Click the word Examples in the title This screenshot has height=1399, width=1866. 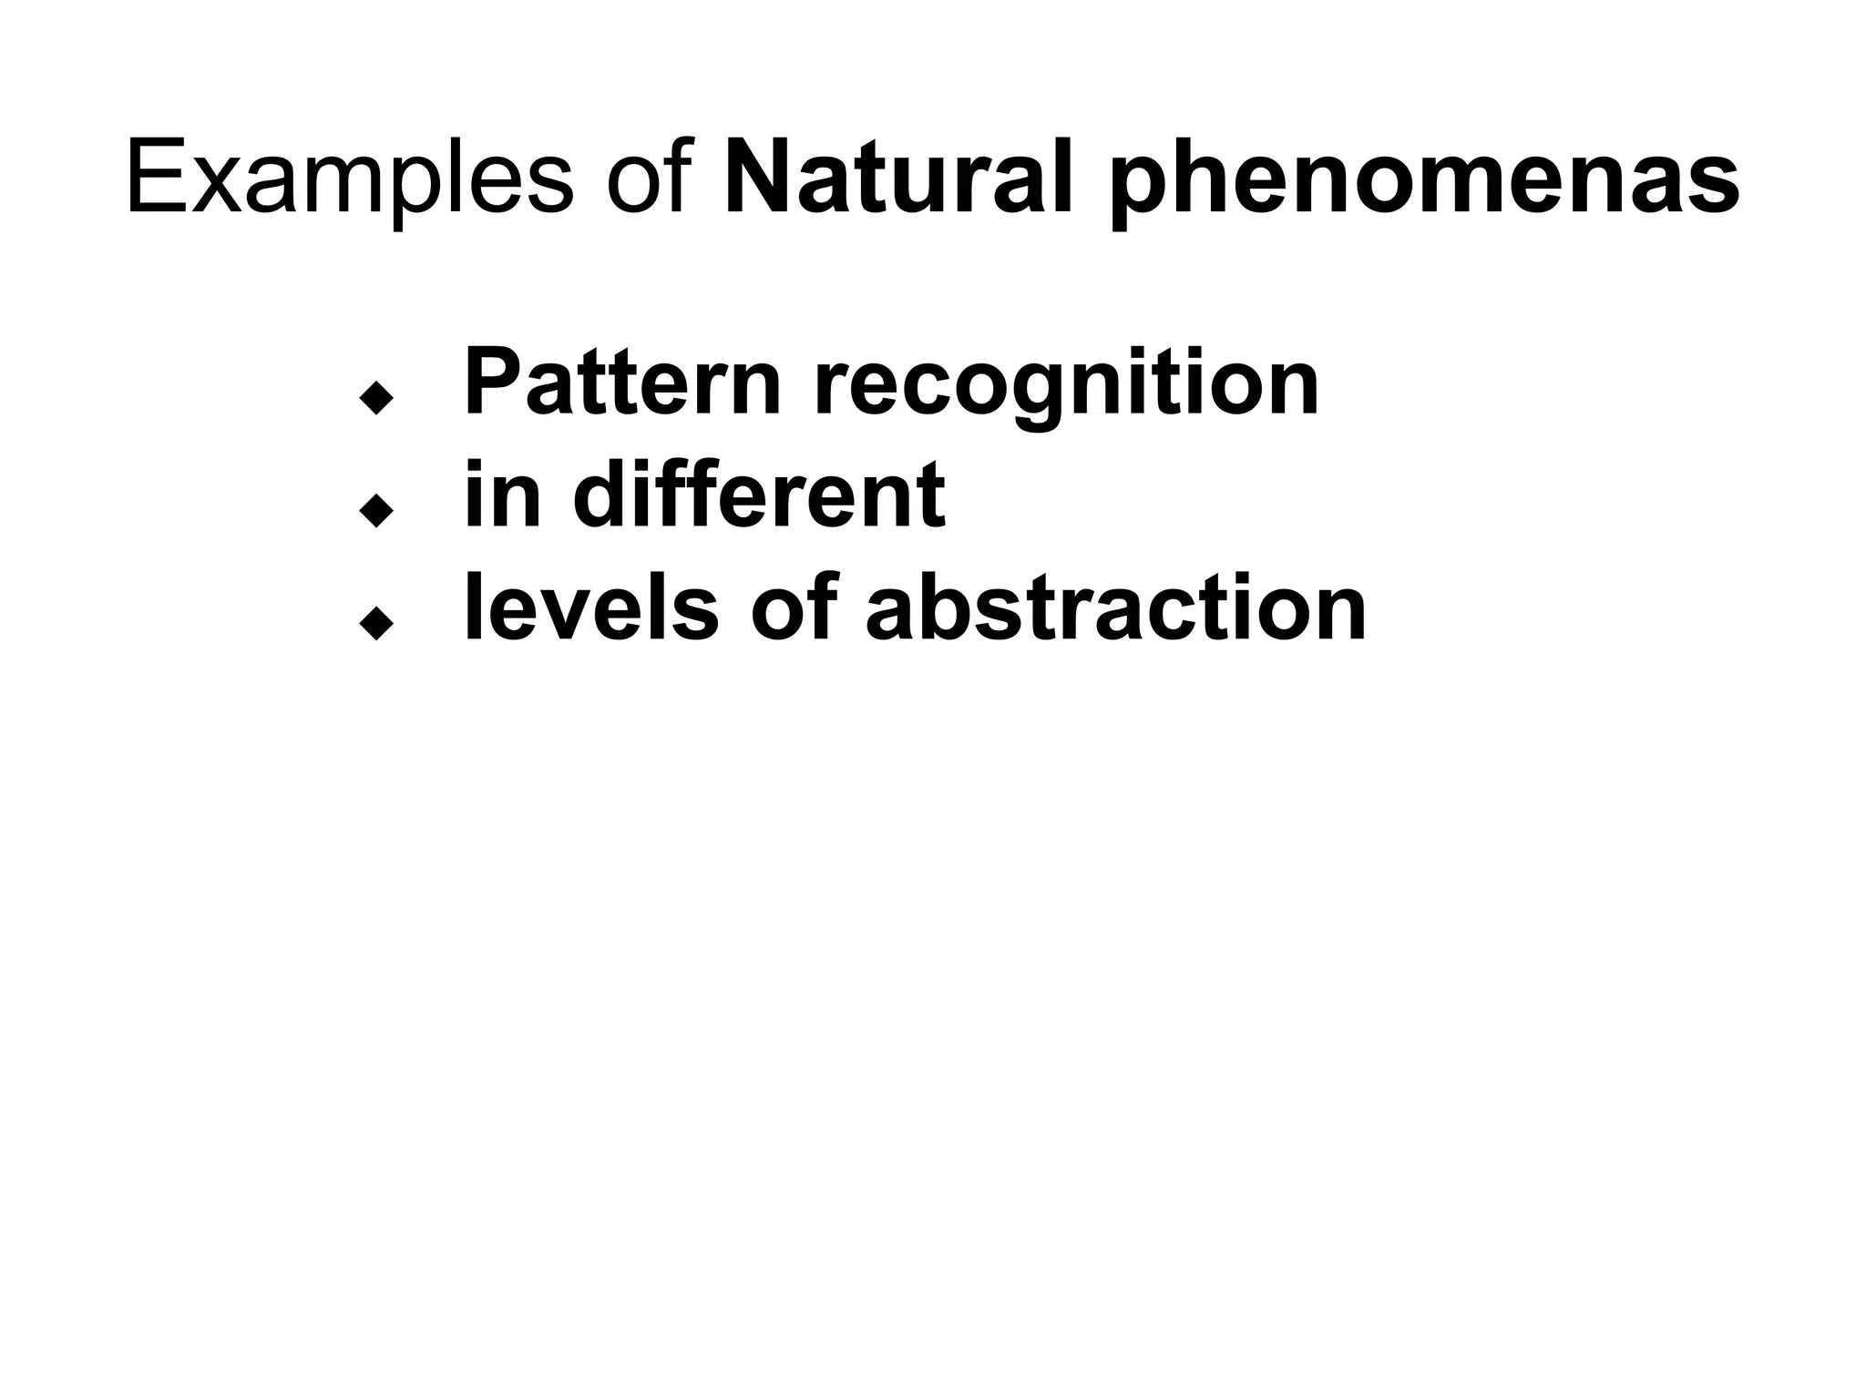349,179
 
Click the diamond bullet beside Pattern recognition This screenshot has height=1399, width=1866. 375,398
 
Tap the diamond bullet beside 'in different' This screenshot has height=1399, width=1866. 375,511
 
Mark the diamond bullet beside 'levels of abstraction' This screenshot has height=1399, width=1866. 375,624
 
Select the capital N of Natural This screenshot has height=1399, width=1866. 759,179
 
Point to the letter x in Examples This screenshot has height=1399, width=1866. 218,189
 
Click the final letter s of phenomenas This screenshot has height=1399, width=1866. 1714,189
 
